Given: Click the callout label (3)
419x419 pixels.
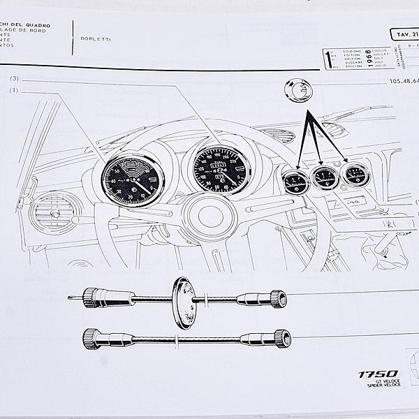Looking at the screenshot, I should click(x=14, y=79).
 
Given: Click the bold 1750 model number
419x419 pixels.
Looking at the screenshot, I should click(x=378, y=374).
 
